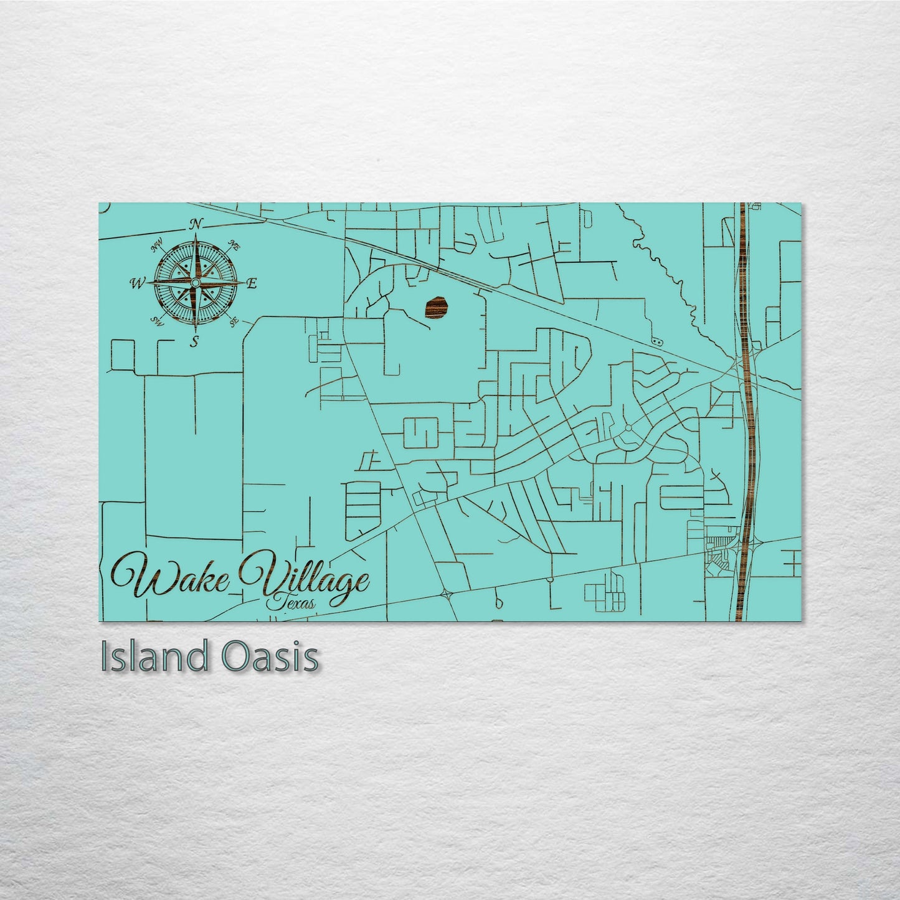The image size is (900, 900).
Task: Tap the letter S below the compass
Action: tap(195, 341)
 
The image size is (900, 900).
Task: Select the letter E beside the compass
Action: tap(252, 283)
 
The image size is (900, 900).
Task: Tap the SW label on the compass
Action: tap(158, 321)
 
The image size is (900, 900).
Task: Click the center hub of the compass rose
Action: tap(196, 283)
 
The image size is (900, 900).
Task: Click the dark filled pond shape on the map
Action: tap(437, 307)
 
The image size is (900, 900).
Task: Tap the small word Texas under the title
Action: tap(290, 602)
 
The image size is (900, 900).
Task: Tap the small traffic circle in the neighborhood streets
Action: tap(628, 428)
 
